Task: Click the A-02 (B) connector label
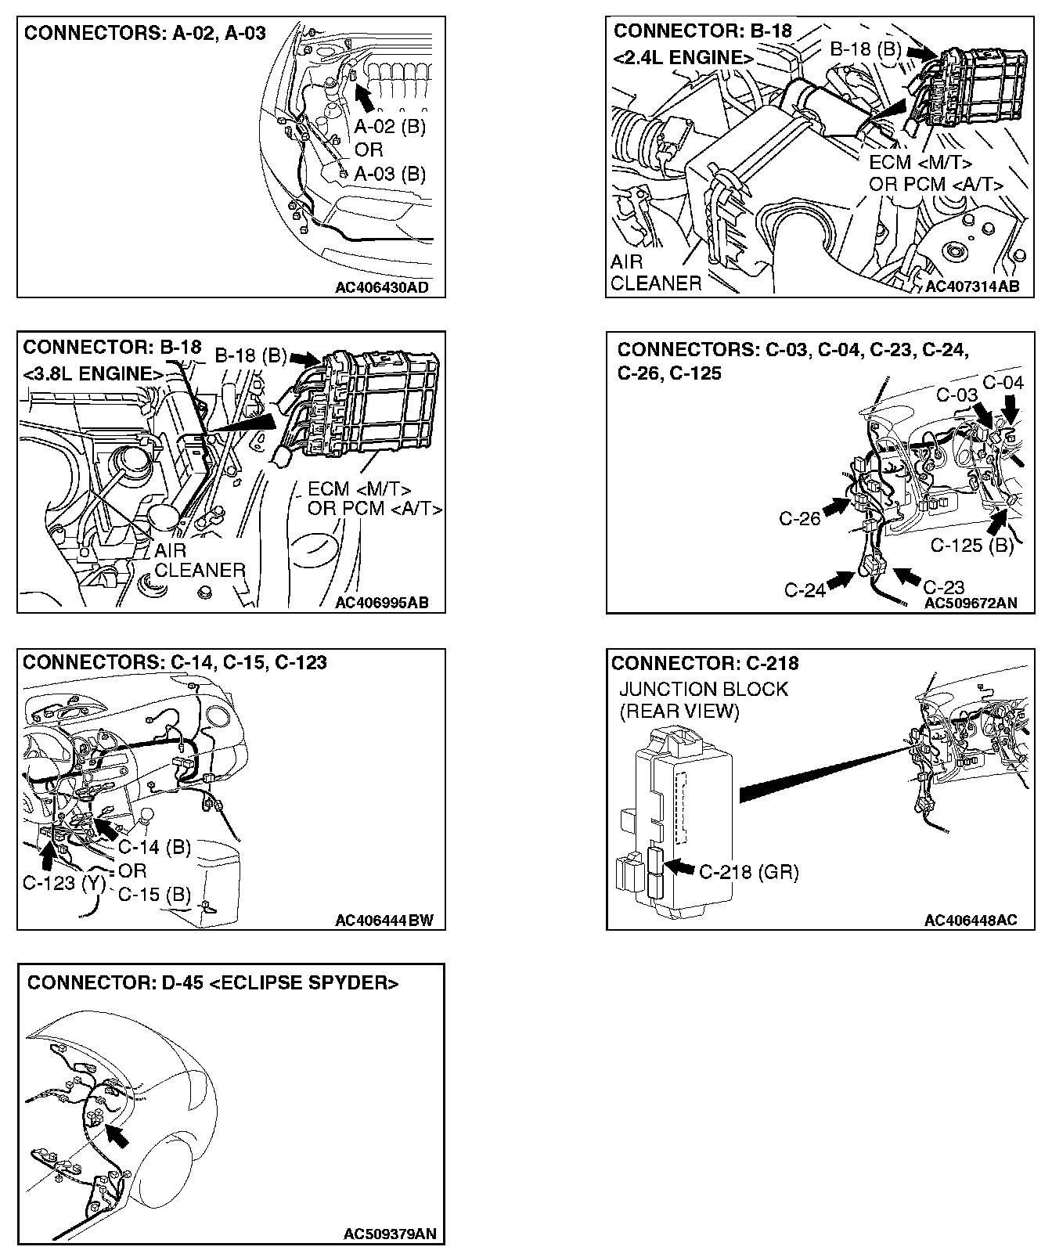coord(390,127)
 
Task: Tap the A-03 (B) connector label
coord(390,173)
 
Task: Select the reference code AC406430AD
coord(381,286)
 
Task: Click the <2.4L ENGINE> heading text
coord(684,58)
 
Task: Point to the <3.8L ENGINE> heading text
coord(94,373)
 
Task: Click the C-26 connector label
coord(799,518)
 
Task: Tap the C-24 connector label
coord(805,589)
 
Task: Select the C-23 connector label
coord(943,587)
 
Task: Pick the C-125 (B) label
coord(971,545)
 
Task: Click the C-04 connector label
coord(1003,383)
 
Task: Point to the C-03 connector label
coord(957,395)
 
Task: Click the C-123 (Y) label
coord(64,884)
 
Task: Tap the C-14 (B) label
coord(154,847)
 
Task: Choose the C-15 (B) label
coord(154,894)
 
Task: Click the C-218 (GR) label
coord(748,872)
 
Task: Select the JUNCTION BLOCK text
coord(704,690)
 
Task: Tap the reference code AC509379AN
coord(389,1234)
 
